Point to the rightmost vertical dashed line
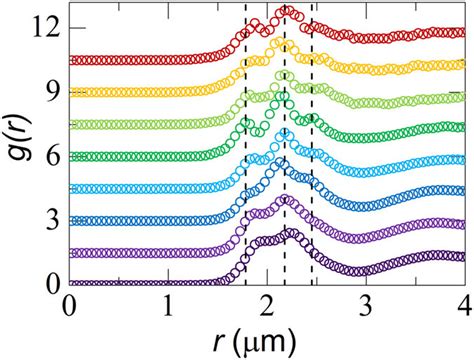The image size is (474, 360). (x=312, y=150)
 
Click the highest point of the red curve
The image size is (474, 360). (x=287, y=10)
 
